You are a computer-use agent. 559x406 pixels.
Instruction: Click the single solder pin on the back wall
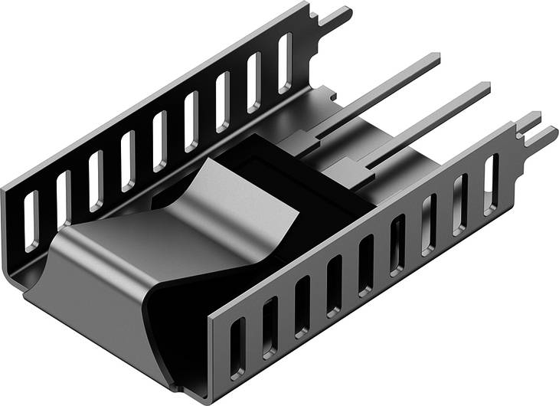[x=337, y=16]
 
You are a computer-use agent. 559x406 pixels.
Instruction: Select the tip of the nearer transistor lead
[x=484, y=89]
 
